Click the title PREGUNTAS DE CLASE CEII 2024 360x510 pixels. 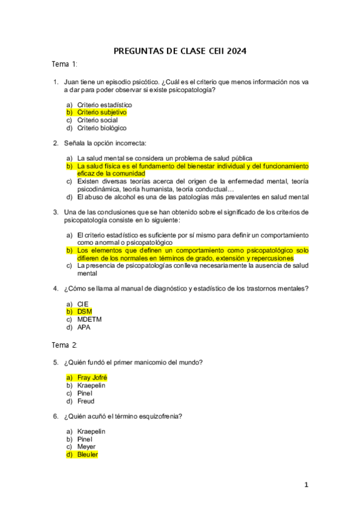pyautogui.click(x=180, y=51)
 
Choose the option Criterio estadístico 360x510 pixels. pyautogui.click(x=105, y=104)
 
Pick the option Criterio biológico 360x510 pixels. pyautogui.click(x=102, y=127)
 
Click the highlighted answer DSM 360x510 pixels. pyautogui.click(x=85, y=312)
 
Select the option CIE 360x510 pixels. pyautogui.click(x=83, y=304)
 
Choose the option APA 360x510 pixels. pyautogui.click(x=84, y=327)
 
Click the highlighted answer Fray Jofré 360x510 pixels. pyautogui.click(x=92, y=377)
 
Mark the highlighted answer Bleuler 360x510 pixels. pyautogui.click(x=88, y=455)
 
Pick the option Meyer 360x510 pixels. pyautogui.click(x=87, y=447)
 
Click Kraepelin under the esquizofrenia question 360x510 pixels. pyautogui.click(x=91, y=431)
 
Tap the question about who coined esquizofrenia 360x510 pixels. pyautogui.click(x=123, y=416)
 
